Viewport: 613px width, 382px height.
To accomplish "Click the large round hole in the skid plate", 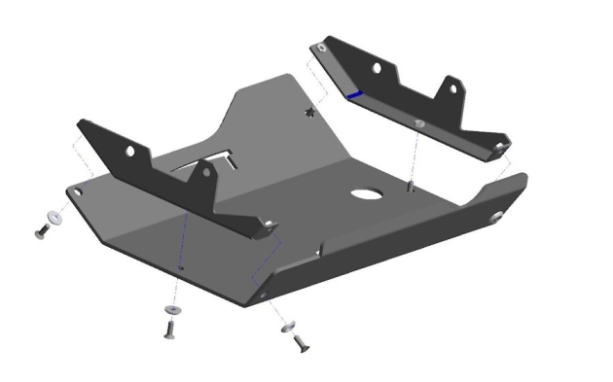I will [368, 192].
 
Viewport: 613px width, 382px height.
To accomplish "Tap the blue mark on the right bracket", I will [353, 94].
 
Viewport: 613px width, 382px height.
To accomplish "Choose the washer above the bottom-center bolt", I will [171, 309].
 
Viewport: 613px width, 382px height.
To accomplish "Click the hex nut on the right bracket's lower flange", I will [417, 123].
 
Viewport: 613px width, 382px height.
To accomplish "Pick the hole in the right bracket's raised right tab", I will [452, 88].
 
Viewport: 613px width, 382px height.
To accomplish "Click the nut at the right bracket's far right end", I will [499, 146].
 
